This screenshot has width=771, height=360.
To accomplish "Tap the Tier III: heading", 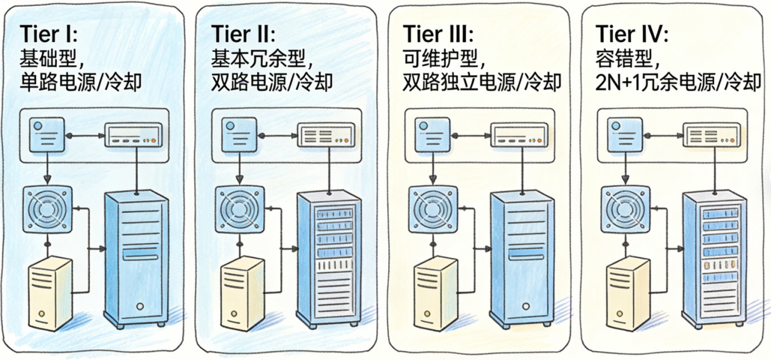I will tap(438, 34).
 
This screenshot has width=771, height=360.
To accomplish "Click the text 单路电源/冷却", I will tap(81, 82).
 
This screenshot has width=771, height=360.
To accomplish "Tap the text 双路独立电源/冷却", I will tap(482, 82).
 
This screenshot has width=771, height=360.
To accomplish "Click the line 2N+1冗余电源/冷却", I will tap(677, 82).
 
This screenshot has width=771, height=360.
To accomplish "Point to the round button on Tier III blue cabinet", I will tap(526, 306).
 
